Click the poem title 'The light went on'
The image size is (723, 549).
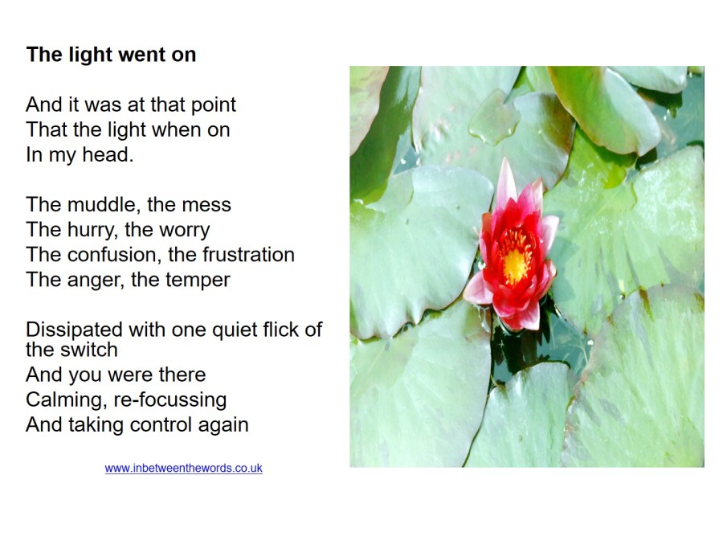111,55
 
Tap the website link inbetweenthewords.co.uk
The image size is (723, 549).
183,469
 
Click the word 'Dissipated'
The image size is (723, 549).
74,330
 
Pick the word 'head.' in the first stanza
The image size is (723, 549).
108,155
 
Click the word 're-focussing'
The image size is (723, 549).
170,400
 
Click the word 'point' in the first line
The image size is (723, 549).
214,105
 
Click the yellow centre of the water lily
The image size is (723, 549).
514,264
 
